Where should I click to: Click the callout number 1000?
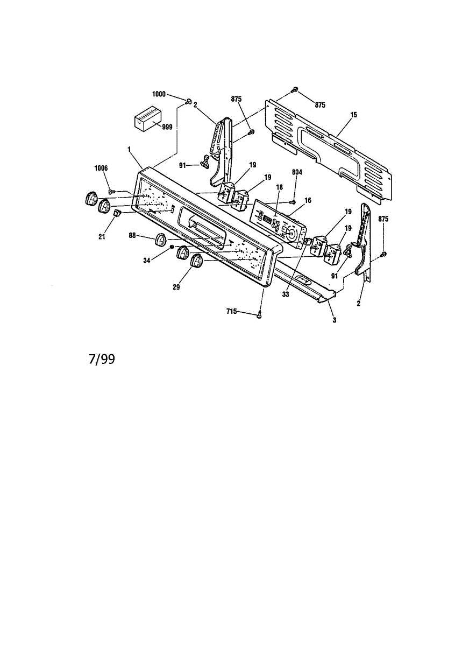point(158,94)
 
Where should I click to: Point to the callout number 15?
point(353,115)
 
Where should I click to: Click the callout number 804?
point(297,172)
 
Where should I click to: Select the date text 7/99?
point(102,359)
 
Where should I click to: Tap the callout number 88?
point(132,235)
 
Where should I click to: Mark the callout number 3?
point(334,320)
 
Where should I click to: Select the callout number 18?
point(279,187)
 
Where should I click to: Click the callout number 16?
point(308,200)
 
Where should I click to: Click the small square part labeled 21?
point(115,215)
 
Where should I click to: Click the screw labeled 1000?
point(189,101)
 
